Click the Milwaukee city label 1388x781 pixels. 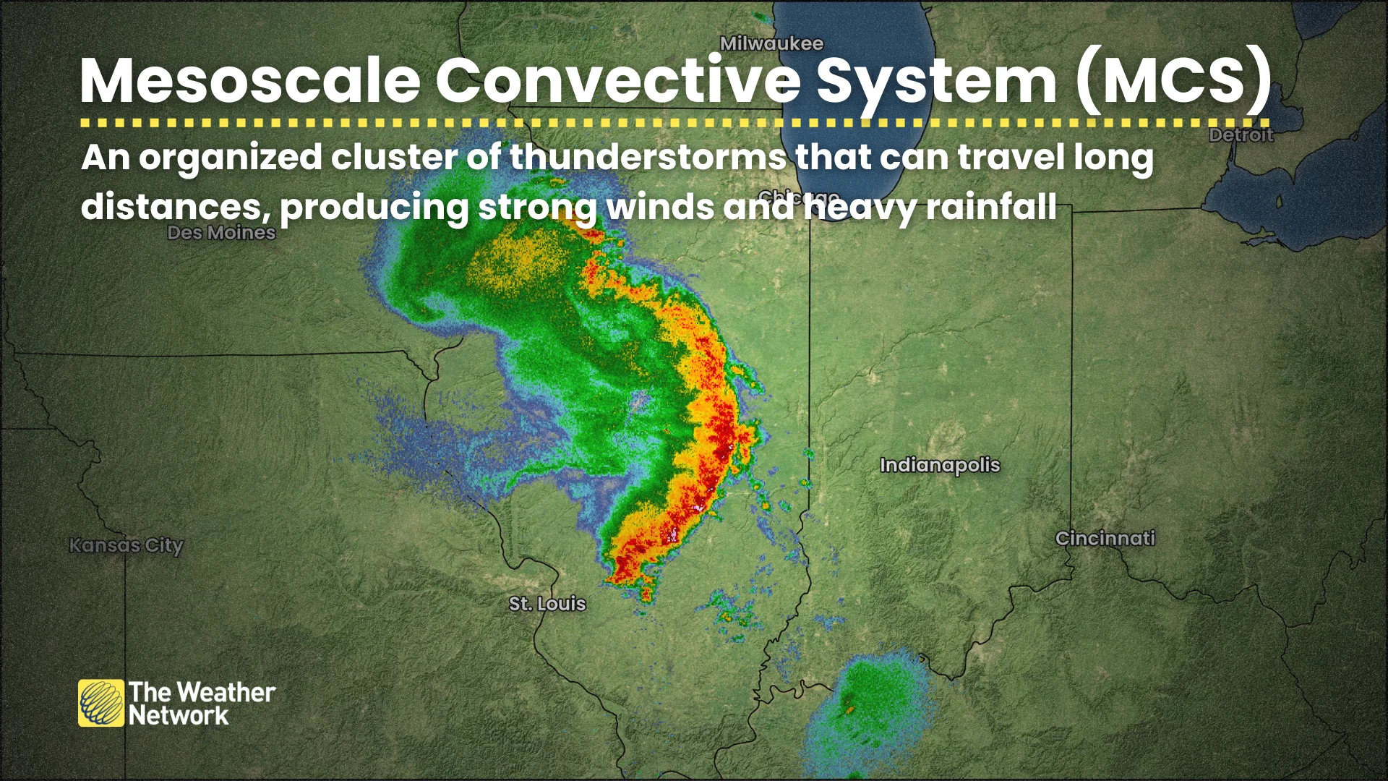[771, 43]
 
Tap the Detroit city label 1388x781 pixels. [1241, 135]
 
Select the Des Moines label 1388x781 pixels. [221, 232]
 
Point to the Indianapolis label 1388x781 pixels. [940, 465]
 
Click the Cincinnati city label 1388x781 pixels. [1105, 538]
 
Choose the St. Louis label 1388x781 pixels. [547, 603]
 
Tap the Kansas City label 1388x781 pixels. [127, 545]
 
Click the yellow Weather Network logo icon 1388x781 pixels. [101, 703]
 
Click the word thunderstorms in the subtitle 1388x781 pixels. [648, 157]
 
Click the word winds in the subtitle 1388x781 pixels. [659, 207]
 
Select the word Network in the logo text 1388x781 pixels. [179, 716]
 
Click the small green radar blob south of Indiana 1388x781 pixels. [867, 705]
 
